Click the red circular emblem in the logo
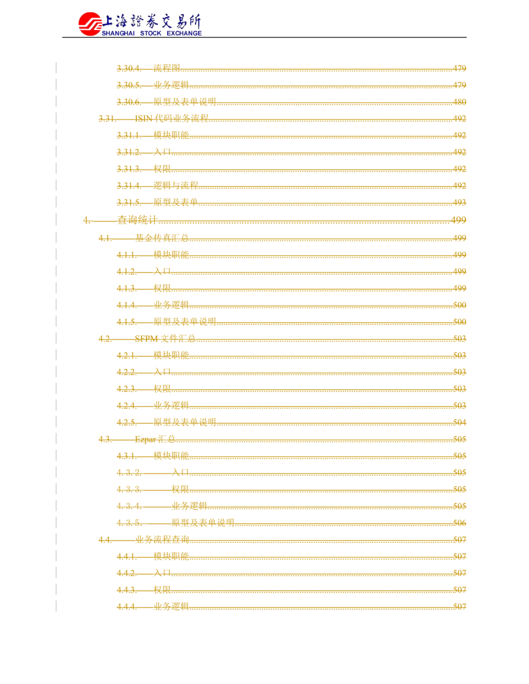tap(89, 23)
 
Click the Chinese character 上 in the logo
tap(107, 22)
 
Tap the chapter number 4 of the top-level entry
tap(84, 220)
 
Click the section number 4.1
tap(104, 237)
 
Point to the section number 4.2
tap(104, 338)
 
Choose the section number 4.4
tap(104, 540)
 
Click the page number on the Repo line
tap(461, 439)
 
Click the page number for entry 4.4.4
tap(461, 606)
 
